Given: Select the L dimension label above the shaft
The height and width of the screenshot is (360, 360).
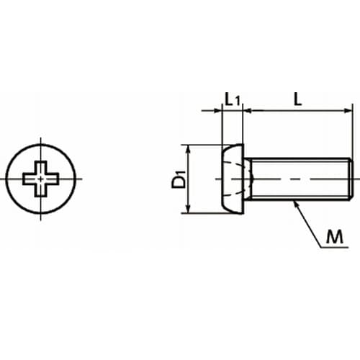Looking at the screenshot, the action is point(297,99).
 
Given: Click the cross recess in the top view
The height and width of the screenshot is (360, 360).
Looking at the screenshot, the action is point(41,179).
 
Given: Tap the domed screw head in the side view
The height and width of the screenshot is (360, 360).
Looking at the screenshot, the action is point(233,179).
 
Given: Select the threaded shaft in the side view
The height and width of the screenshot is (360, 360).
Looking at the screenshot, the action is point(299,179).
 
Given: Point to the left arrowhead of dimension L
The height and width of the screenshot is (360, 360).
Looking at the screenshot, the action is point(247,111).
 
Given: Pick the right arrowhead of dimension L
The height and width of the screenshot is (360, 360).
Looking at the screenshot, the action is point(348,111).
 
